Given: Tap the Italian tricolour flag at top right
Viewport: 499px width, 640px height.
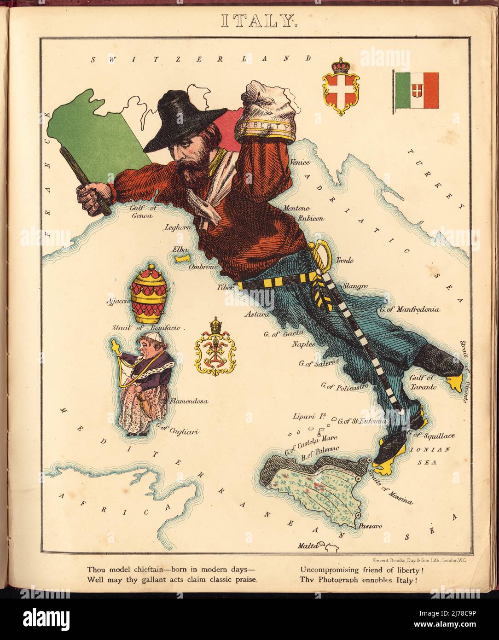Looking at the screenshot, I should pyautogui.click(x=416, y=90).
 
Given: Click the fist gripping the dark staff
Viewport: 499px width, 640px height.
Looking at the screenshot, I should pyautogui.click(x=93, y=197).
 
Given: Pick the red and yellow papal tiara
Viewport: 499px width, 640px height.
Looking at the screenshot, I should pyautogui.click(x=149, y=295).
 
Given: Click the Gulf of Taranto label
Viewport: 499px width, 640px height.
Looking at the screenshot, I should pyautogui.click(x=420, y=383).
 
